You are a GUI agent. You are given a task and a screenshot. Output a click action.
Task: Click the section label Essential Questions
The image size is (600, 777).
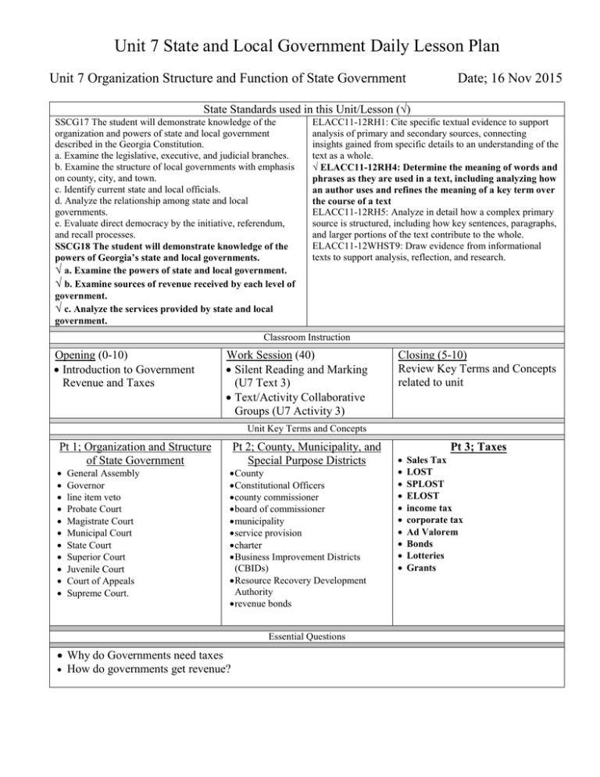point(300,637)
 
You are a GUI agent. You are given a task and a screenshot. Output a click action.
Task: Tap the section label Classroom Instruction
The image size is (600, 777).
point(300,337)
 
